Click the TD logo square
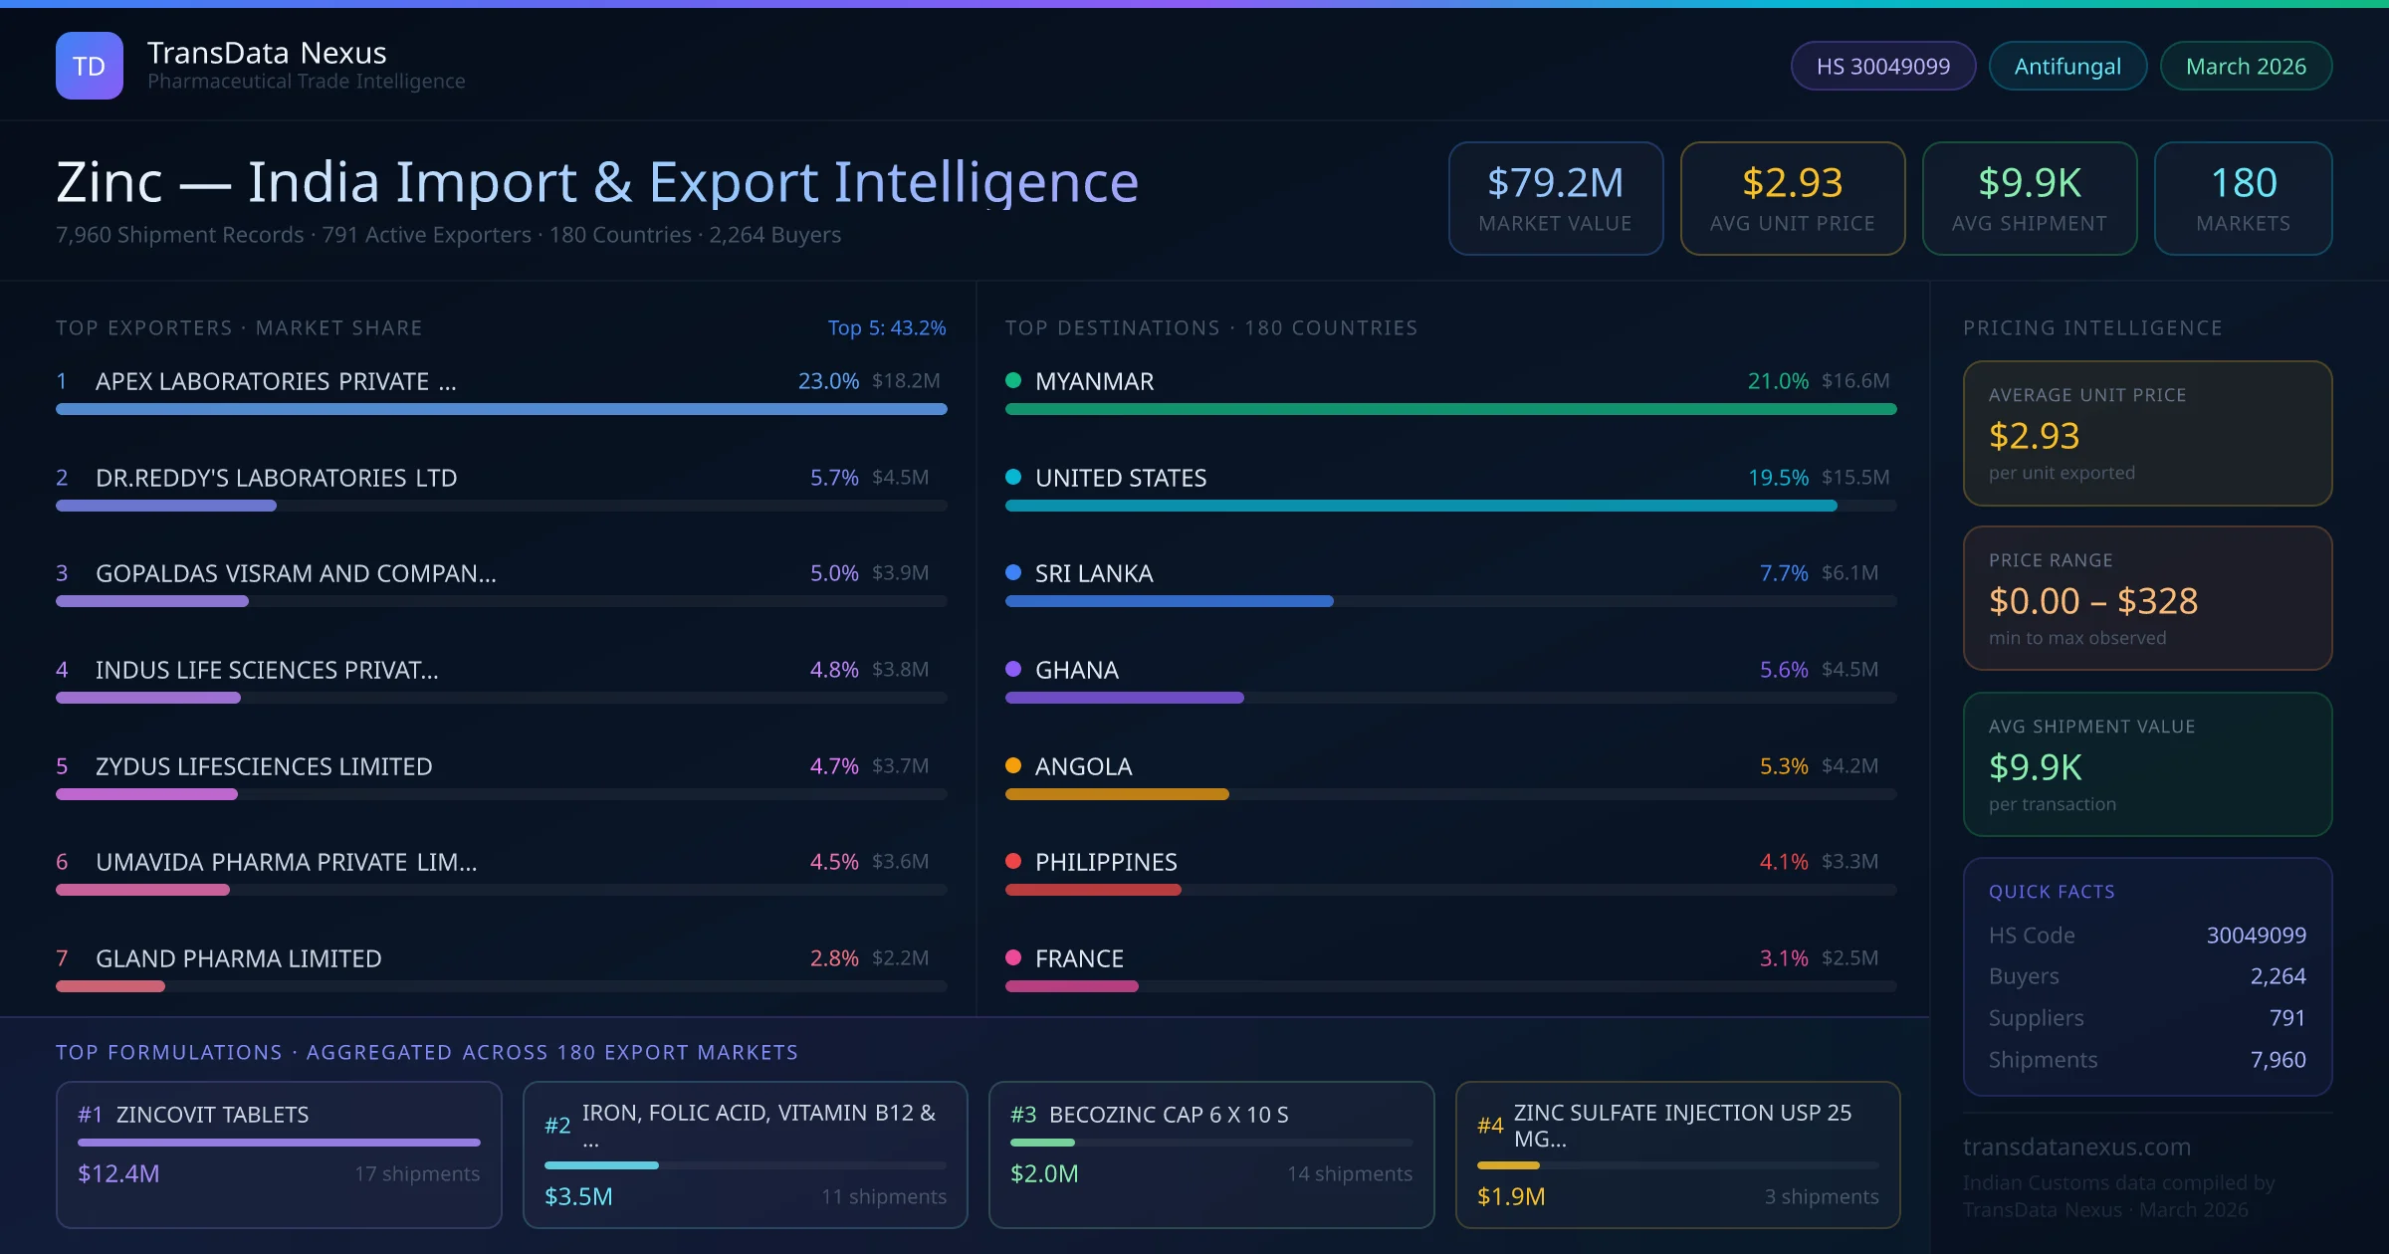click(x=90, y=66)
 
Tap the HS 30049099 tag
click(x=1882, y=66)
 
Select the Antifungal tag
click(x=2066, y=66)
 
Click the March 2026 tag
click(x=2245, y=66)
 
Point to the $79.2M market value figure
click(x=1555, y=183)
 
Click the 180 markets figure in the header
click(x=2243, y=183)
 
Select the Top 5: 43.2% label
click(x=886, y=327)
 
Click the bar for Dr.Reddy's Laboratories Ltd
click(x=166, y=506)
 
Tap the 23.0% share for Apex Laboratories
click(x=827, y=381)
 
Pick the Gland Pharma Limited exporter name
click(x=238, y=958)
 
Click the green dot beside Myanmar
click(x=1013, y=380)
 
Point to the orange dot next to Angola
click(x=1013, y=765)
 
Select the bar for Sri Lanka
click(x=1169, y=601)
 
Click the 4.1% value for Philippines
click(x=1783, y=862)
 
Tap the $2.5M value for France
click(x=1849, y=958)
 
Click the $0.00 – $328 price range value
click(x=2092, y=601)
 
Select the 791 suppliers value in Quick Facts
click(x=2286, y=1018)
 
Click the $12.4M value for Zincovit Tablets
click(x=118, y=1174)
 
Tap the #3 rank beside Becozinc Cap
click(x=1023, y=1115)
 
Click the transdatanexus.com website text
click(x=2076, y=1147)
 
